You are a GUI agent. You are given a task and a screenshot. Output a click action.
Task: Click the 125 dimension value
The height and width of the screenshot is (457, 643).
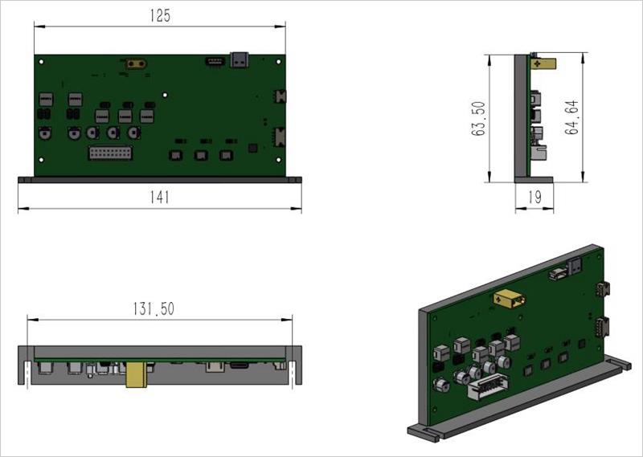tap(160, 16)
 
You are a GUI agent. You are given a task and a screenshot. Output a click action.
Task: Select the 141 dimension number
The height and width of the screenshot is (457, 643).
tap(160, 198)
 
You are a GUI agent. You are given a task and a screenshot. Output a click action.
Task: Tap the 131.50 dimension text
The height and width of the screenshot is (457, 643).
tap(153, 308)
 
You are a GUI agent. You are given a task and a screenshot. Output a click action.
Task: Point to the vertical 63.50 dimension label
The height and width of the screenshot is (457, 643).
tap(480, 118)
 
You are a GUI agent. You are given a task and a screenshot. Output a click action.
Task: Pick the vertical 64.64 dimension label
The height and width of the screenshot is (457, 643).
tap(572, 118)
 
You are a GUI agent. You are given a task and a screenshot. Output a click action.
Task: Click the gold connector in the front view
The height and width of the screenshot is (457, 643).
tap(136, 63)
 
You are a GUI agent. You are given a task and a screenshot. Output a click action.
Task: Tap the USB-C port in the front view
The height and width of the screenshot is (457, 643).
tap(240, 59)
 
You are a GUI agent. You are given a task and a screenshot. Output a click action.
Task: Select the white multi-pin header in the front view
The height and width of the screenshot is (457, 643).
tap(106, 153)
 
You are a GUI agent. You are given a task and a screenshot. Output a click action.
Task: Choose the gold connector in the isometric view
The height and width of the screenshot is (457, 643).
tap(511, 300)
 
